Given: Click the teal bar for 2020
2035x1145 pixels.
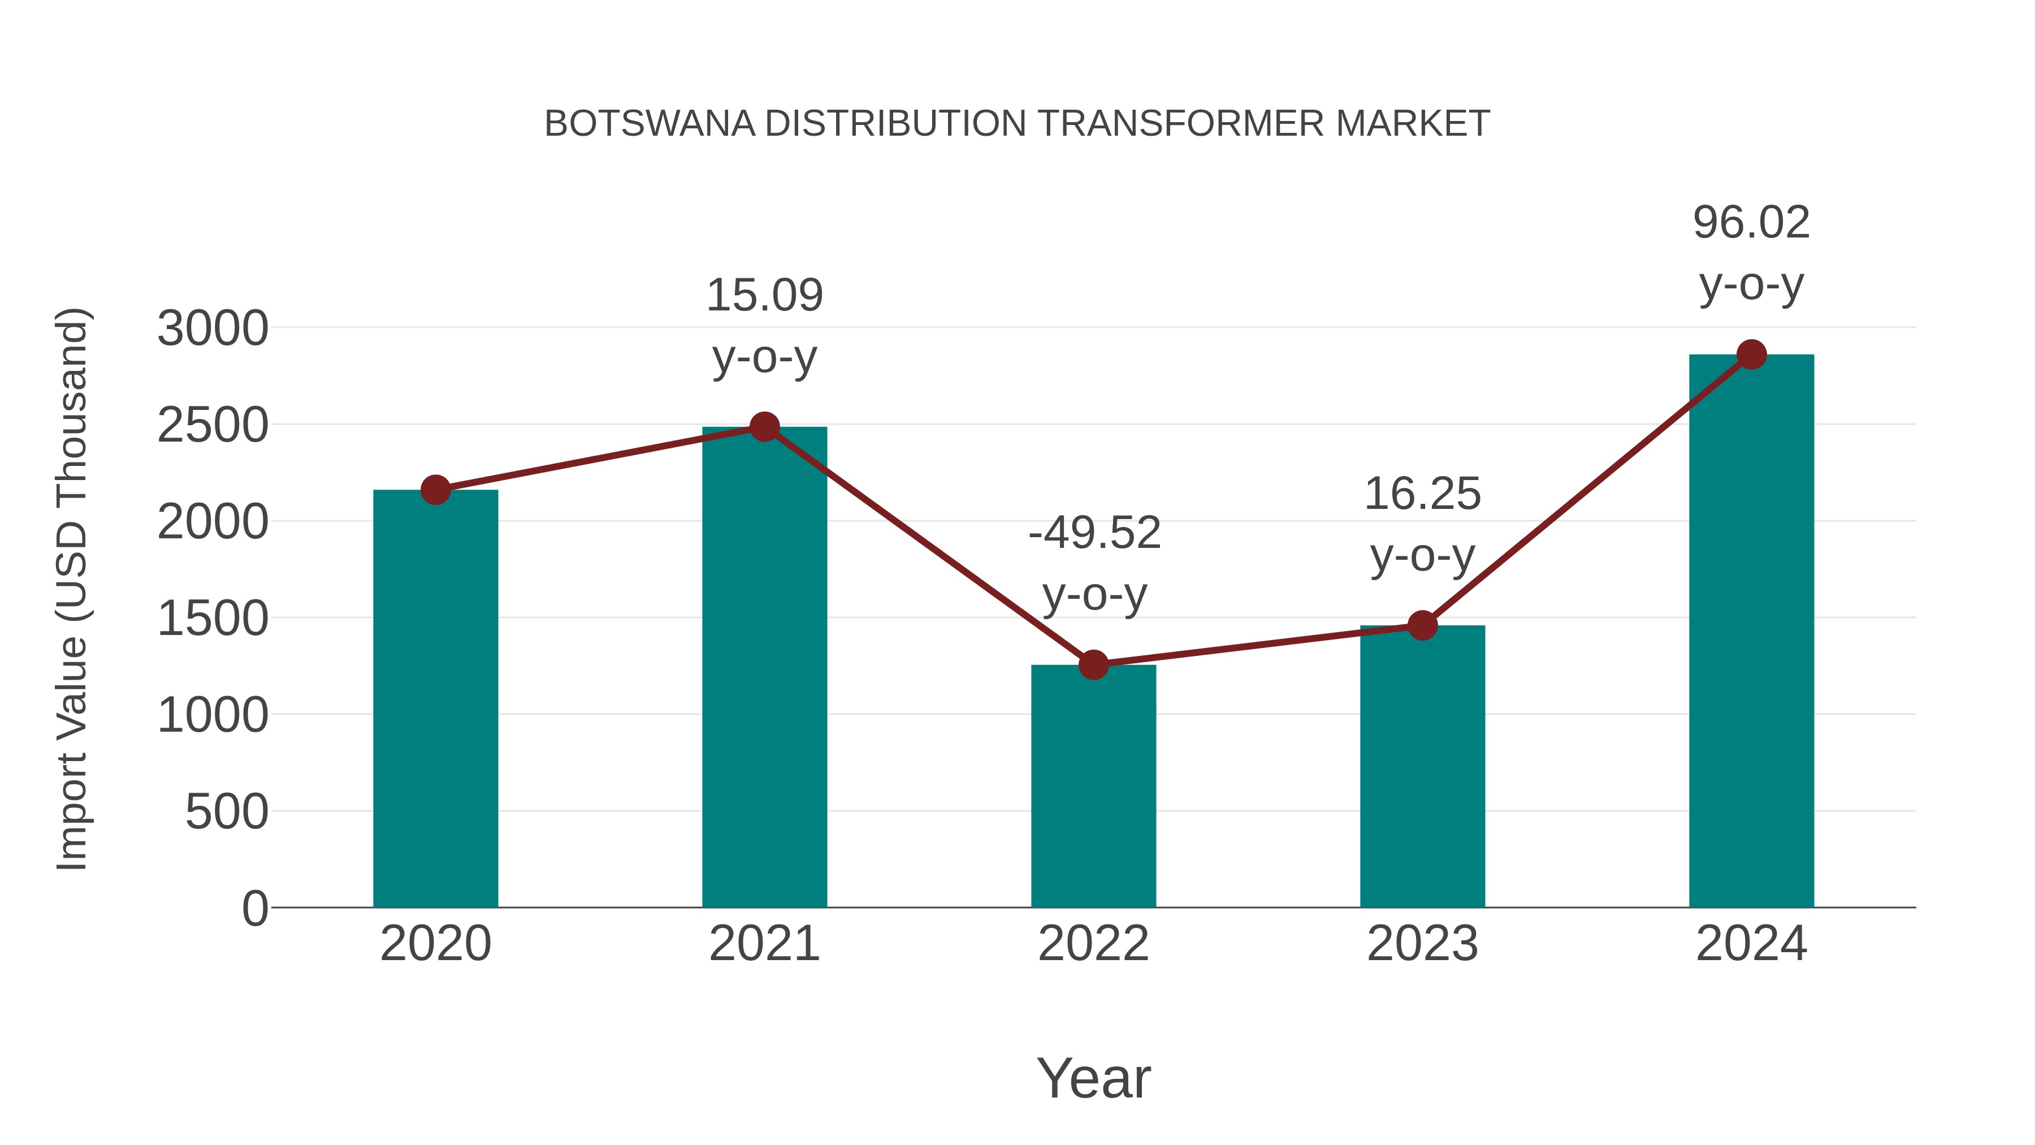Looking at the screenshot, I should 435,699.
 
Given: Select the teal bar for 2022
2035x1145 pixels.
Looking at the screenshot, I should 1093,787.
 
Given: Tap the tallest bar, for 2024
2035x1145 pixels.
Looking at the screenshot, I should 1751,632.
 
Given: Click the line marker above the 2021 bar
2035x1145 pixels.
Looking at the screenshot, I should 764,427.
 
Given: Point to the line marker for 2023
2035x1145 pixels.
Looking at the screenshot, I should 1422,625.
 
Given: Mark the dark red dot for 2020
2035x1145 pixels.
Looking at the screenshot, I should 435,490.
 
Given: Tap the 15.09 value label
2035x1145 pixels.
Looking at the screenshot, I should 764,296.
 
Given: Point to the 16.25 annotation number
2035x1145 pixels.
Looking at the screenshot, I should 1422,495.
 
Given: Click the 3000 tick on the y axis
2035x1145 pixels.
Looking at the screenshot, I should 213,329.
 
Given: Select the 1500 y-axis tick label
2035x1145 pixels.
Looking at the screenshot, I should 213,619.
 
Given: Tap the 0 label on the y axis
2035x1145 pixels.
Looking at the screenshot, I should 254,909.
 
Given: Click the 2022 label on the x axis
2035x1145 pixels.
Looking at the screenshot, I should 1093,944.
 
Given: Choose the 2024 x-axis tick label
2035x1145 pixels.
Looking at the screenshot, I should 1751,944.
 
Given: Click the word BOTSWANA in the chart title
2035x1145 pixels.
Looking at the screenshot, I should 650,124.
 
